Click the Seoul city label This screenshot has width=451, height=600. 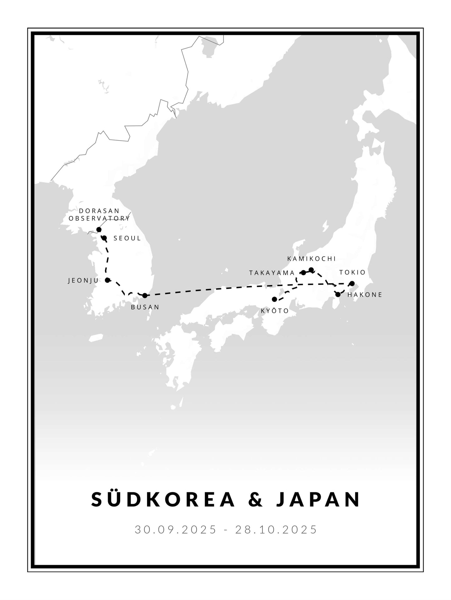click(x=127, y=238)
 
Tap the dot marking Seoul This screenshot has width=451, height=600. click(x=105, y=238)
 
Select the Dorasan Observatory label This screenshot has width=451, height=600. click(x=99, y=214)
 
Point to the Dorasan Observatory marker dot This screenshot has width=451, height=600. click(x=99, y=229)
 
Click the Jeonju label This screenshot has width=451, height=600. click(x=83, y=280)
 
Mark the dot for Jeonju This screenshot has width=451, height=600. click(x=107, y=280)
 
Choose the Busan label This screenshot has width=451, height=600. click(x=145, y=307)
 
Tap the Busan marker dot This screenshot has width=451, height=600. click(x=145, y=295)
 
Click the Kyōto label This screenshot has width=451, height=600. click(x=275, y=311)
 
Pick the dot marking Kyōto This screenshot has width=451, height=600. click(x=274, y=299)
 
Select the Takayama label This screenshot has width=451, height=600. click(x=272, y=273)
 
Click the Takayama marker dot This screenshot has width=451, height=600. click(x=303, y=273)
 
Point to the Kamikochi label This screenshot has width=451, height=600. click(x=311, y=258)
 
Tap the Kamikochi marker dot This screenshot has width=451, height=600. click(x=311, y=270)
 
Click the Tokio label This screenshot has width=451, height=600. click(x=352, y=272)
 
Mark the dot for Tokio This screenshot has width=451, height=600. click(x=352, y=283)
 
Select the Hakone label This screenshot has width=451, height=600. click(x=365, y=295)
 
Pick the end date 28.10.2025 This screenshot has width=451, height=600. click(x=276, y=529)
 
